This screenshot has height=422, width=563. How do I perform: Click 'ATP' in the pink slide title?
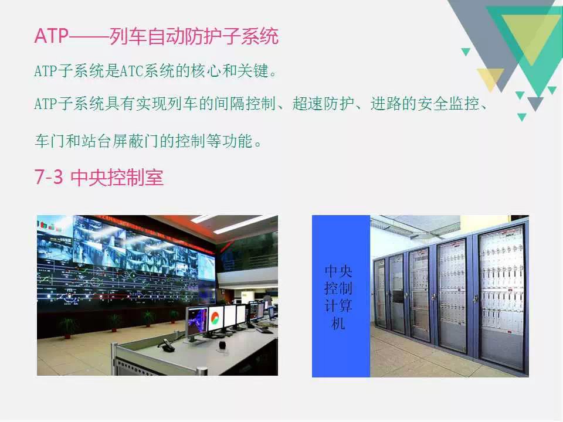tap(51, 36)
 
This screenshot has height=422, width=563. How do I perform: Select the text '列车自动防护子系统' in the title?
tap(194, 36)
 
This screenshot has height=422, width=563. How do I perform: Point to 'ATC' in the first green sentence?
tap(131, 71)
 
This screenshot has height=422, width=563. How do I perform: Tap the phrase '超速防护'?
tap(323, 104)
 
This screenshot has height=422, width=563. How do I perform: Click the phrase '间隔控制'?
tap(245, 104)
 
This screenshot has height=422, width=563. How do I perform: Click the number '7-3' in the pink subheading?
tap(49, 177)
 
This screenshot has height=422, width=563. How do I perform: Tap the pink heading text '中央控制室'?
tap(117, 177)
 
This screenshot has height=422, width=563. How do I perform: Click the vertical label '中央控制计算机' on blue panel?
tap(338, 297)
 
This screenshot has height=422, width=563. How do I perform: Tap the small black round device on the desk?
tap(223, 345)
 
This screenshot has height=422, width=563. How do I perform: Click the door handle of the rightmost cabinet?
tap(476, 298)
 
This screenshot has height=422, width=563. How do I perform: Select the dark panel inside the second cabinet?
tap(398, 297)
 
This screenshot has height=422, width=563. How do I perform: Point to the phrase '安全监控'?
tap(448, 104)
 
